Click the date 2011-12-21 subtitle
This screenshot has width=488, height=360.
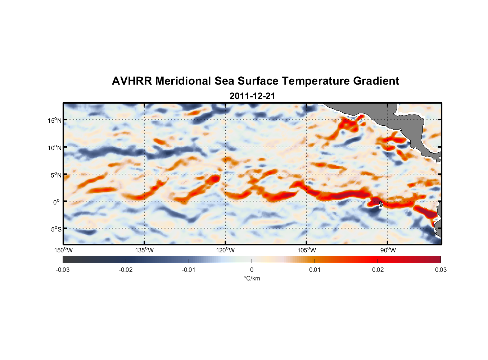[x=252, y=96]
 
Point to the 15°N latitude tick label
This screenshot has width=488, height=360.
[x=55, y=120]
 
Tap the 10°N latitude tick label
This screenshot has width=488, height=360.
[x=55, y=148]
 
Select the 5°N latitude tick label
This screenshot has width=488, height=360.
[x=55, y=175]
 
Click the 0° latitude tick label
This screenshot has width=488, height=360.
[x=57, y=202]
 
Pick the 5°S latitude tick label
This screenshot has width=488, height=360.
[x=55, y=229]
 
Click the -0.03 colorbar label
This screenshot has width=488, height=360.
[x=63, y=270]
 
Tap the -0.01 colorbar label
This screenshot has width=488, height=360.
[x=189, y=270]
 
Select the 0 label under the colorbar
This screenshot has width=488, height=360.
[x=252, y=270]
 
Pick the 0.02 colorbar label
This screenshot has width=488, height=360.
[x=378, y=270]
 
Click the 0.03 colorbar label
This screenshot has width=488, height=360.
[x=440, y=270]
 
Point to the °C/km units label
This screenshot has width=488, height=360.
[x=252, y=279]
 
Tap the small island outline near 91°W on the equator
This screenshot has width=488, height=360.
[x=381, y=204]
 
